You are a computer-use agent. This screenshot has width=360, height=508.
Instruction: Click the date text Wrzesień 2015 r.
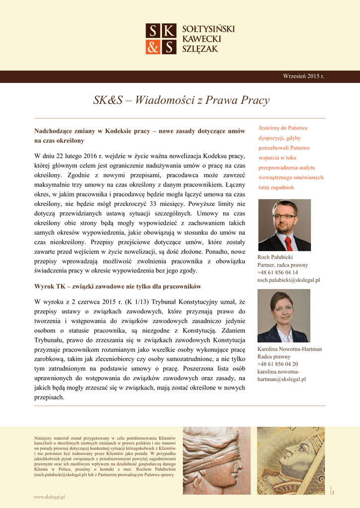(303, 76)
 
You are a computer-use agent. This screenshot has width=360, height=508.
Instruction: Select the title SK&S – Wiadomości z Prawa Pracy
(181, 100)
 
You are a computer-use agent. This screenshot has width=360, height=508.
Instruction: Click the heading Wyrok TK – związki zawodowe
(117, 286)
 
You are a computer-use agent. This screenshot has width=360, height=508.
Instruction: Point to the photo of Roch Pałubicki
(284, 225)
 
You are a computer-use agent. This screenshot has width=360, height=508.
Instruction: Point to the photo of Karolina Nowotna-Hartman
(284, 316)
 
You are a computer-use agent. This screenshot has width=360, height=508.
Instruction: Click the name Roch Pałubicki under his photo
(275, 257)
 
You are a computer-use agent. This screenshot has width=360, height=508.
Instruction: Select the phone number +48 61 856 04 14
(278, 272)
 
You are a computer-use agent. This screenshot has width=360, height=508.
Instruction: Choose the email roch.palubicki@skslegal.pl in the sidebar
(288, 280)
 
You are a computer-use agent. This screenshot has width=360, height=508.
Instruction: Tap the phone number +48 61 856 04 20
(278, 364)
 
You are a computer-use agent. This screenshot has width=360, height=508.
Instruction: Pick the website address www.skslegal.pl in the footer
(50, 496)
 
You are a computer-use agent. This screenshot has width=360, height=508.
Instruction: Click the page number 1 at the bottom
(333, 492)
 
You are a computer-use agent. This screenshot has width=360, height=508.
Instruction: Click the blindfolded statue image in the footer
(217, 460)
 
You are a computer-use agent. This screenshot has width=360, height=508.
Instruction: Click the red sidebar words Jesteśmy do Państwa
(283, 127)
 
